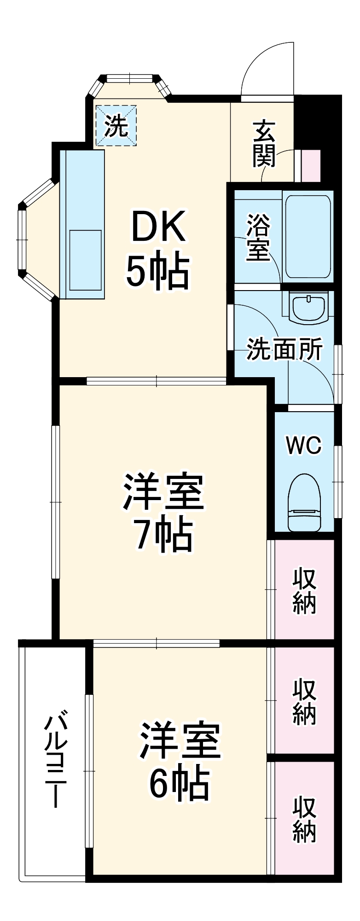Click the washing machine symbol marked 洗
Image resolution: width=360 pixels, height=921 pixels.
click(116, 125)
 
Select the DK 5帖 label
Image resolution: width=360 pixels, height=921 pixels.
click(158, 248)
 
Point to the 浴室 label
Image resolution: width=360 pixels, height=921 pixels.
click(258, 237)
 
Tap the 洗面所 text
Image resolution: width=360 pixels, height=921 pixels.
click(285, 350)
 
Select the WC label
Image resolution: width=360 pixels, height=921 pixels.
click(303, 445)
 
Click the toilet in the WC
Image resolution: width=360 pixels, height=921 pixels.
click(304, 501)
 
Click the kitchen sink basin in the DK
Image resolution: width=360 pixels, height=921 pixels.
click(85, 260)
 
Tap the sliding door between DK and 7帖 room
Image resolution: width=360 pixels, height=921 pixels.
click(156, 381)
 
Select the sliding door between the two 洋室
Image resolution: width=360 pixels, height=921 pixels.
click(156, 643)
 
